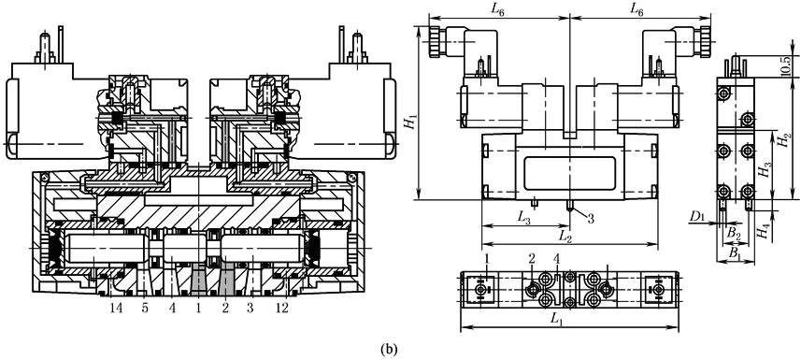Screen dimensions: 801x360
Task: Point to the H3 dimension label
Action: coord(765,168)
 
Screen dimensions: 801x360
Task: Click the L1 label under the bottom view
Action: coord(556,319)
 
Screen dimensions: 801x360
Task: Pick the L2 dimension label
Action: coord(565,237)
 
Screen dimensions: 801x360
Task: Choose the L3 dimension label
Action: coord(523,218)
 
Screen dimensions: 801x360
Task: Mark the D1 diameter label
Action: coord(697,217)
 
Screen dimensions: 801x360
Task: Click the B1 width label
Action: coord(734,253)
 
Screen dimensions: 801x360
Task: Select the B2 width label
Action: coord(734,234)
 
